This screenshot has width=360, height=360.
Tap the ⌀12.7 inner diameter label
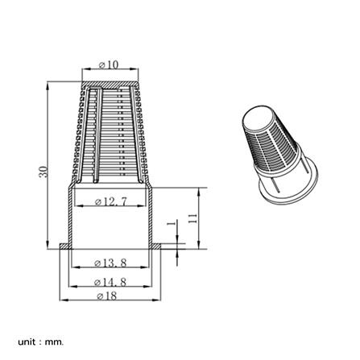point(110,201)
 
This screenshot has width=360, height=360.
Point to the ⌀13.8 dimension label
point(110,263)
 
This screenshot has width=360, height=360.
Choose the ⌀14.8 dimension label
point(110,281)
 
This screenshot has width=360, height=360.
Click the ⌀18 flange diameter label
point(107,296)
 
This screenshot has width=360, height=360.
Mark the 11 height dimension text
point(192,217)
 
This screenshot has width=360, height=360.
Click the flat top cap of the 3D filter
point(259,116)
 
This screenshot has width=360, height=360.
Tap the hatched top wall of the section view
point(110,84)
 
